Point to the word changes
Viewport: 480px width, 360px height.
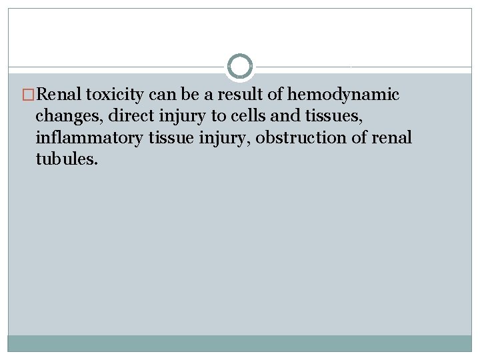tap(64, 117)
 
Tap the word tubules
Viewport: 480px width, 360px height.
tap(67, 159)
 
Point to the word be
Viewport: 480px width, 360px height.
tap(195, 95)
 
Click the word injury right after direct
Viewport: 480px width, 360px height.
tap(175, 117)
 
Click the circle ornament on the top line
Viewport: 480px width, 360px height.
tap(240, 67)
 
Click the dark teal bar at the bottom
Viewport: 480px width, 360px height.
tap(240, 343)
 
